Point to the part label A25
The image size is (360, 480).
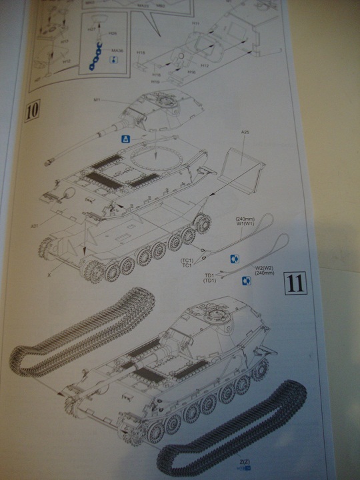point(245,133)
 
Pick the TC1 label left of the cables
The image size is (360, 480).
point(188,263)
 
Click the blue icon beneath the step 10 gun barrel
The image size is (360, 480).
point(125,139)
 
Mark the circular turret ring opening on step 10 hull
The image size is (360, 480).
point(155,160)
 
